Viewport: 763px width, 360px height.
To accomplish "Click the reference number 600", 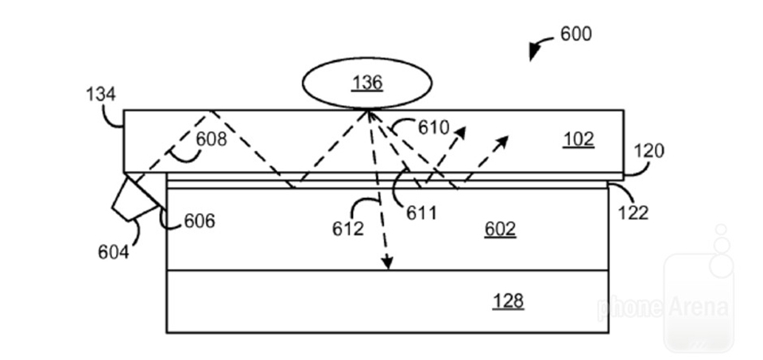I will click(x=576, y=34).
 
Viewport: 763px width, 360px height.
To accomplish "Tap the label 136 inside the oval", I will click(x=368, y=82).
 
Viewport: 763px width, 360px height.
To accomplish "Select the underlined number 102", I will click(x=579, y=138).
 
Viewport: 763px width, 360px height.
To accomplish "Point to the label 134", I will click(x=101, y=95).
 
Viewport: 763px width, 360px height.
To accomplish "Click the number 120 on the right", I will click(x=649, y=152).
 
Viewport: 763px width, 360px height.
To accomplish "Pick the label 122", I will click(x=633, y=212).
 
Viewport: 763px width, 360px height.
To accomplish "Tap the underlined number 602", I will click(x=500, y=230).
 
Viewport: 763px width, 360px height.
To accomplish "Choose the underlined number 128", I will click(x=508, y=300).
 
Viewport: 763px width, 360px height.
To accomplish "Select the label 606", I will click(x=199, y=221).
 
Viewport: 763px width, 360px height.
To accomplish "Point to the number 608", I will click(x=211, y=140).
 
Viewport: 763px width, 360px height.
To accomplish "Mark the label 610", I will click(x=433, y=128).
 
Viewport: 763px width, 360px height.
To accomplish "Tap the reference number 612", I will click(x=348, y=229).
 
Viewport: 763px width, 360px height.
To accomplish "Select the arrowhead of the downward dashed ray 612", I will click(x=388, y=263).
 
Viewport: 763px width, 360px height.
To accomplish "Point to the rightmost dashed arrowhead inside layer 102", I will click(x=502, y=141).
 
